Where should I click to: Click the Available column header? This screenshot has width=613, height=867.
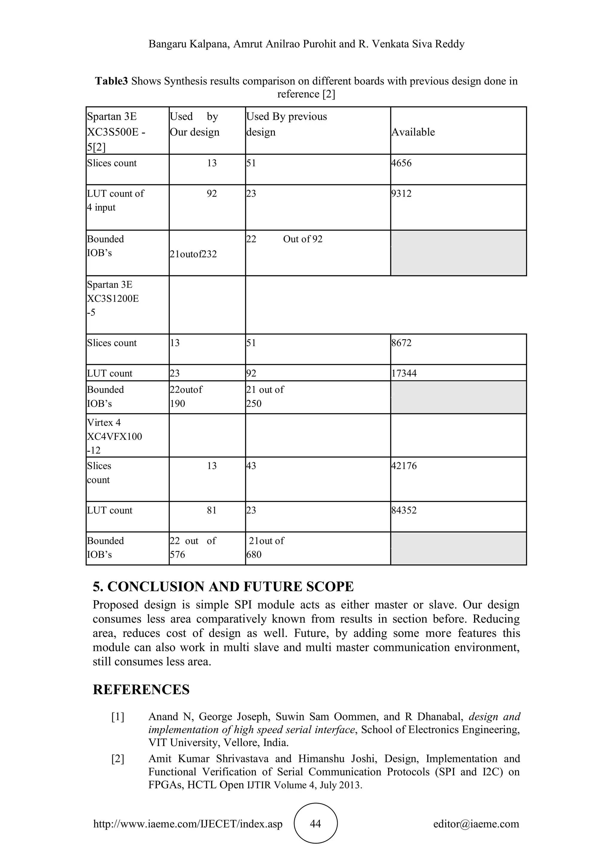click(413, 132)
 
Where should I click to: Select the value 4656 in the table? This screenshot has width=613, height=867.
click(401, 163)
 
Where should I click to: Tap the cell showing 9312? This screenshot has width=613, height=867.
click(401, 194)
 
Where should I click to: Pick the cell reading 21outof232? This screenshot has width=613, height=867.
click(193, 254)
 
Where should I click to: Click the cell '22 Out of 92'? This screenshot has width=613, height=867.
click(284, 239)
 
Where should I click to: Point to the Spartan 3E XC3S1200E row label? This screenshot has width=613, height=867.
click(113, 298)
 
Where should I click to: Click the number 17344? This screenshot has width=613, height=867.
click(404, 373)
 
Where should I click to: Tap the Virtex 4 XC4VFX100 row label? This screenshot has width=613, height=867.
click(114, 436)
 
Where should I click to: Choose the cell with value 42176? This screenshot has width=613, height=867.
click(404, 466)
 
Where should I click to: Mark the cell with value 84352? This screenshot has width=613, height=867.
click(404, 510)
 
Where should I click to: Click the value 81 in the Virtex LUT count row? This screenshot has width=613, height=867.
click(212, 510)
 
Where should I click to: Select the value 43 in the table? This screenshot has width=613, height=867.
click(251, 466)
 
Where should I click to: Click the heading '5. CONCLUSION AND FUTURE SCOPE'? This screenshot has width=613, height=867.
click(223, 586)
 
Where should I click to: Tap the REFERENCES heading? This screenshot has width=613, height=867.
click(141, 689)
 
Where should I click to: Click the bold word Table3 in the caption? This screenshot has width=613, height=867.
click(111, 81)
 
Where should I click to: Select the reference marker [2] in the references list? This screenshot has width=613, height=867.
click(118, 759)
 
